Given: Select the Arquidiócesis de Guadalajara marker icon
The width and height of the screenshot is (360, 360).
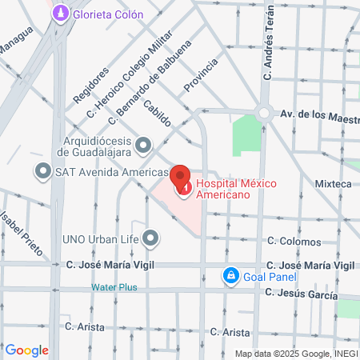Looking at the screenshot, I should [x=144, y=145].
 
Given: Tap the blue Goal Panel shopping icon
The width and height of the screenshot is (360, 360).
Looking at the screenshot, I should [x=230, y=276].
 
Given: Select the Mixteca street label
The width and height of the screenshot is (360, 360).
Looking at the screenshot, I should [x=334, y=184].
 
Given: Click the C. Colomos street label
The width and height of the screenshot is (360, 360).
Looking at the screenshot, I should [x=294, y=241].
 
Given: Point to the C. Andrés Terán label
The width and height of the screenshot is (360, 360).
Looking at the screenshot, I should [x=270, y=49].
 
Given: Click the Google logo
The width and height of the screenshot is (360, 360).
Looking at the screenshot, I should [x=27, y=350].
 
